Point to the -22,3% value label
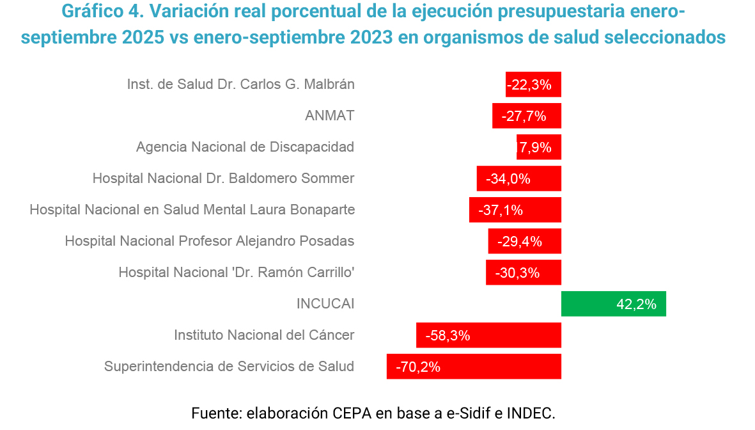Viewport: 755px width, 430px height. point(529,85)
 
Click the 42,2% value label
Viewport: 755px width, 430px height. point(636,305)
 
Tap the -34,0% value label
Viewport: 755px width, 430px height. point(508,179)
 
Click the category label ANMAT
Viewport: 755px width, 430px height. point(329,116)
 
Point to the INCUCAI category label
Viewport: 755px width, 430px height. point(325,304)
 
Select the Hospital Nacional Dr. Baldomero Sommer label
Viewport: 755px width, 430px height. point(223,179)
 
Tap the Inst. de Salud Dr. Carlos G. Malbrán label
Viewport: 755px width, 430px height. point(240,84)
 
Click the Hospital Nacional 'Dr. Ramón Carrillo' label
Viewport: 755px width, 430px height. point(236,273)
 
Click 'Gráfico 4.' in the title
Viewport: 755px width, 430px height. point(98,12)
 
